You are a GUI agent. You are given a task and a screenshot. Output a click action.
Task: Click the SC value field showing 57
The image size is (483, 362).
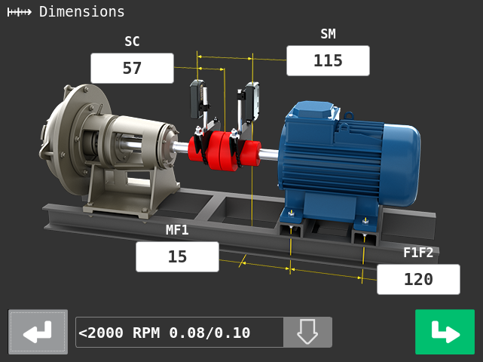point(132,68)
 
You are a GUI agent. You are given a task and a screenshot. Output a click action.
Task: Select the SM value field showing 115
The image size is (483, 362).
point(328,61)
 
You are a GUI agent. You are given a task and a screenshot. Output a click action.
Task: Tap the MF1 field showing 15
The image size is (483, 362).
point(177,256)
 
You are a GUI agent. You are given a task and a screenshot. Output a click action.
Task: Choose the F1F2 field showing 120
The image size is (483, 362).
point(419,279)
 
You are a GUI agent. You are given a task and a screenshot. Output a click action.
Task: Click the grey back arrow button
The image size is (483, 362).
point(38,332)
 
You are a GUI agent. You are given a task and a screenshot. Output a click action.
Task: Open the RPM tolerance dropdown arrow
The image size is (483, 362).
point(307,332)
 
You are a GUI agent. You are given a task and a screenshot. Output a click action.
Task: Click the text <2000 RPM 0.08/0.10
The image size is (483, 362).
point(164,333)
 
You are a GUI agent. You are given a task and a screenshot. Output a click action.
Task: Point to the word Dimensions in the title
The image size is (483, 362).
point(82,12)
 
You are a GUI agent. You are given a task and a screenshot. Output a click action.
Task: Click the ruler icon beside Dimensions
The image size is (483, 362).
point(19,12)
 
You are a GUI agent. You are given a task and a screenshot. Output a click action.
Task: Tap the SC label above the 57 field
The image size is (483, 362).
point(132,41)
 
